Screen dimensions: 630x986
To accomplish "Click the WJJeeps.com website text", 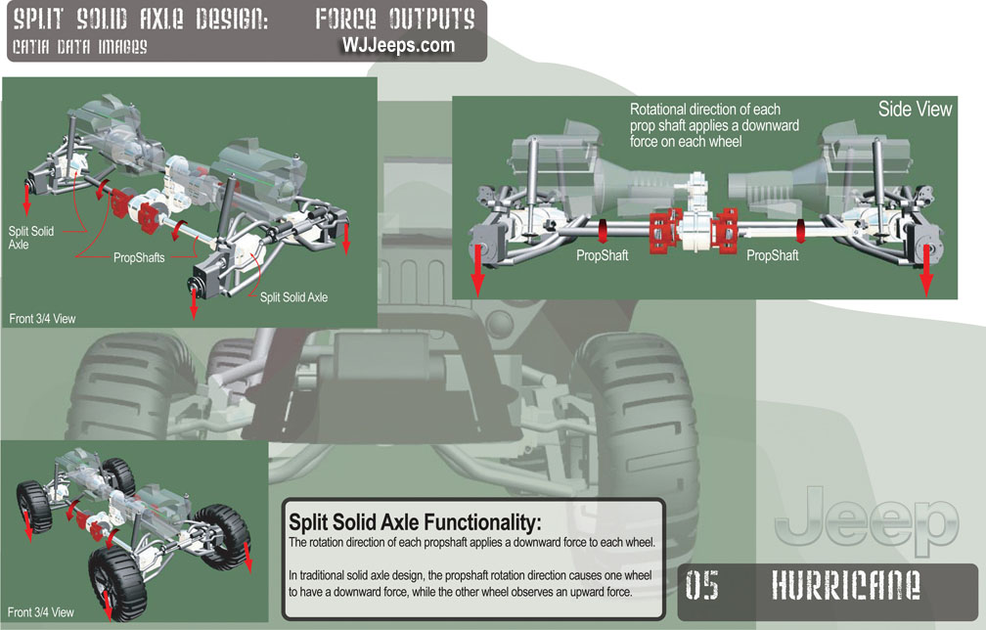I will point(398,45).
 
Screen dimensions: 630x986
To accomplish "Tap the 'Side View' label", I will point(915,110).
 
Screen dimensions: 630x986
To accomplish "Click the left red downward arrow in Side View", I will point(477,271).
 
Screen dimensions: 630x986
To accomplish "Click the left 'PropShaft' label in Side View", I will point(603,255).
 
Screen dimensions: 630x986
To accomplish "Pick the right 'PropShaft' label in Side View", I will point(773,255).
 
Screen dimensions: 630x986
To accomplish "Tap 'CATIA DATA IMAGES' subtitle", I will point(80,47).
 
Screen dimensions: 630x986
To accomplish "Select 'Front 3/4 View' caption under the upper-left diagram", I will point(42,318).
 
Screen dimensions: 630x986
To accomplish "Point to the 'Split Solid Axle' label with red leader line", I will point(293,296).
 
